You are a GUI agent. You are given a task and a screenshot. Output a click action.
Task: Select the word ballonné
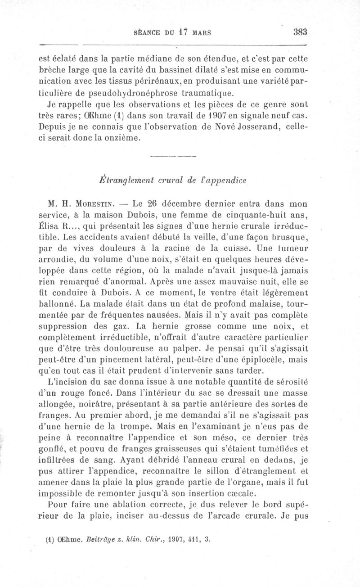point(58,304)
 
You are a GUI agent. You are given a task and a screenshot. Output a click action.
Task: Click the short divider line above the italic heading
point(173,157)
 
